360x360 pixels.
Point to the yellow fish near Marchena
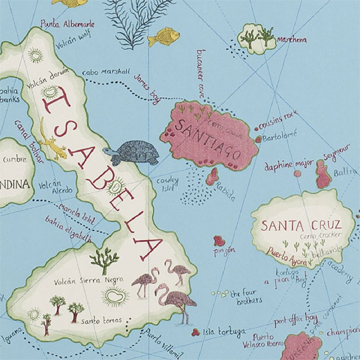pyautogui.click(x=164, y=36)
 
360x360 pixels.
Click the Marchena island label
pyautogui.click(x=292, y=40)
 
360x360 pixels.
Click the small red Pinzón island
pyautogui.click(x=219, y=241)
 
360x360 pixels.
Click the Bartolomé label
pyautogui.click(x=279, y=135)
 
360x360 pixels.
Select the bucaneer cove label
pyautogui.click(x=201, y=76)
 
